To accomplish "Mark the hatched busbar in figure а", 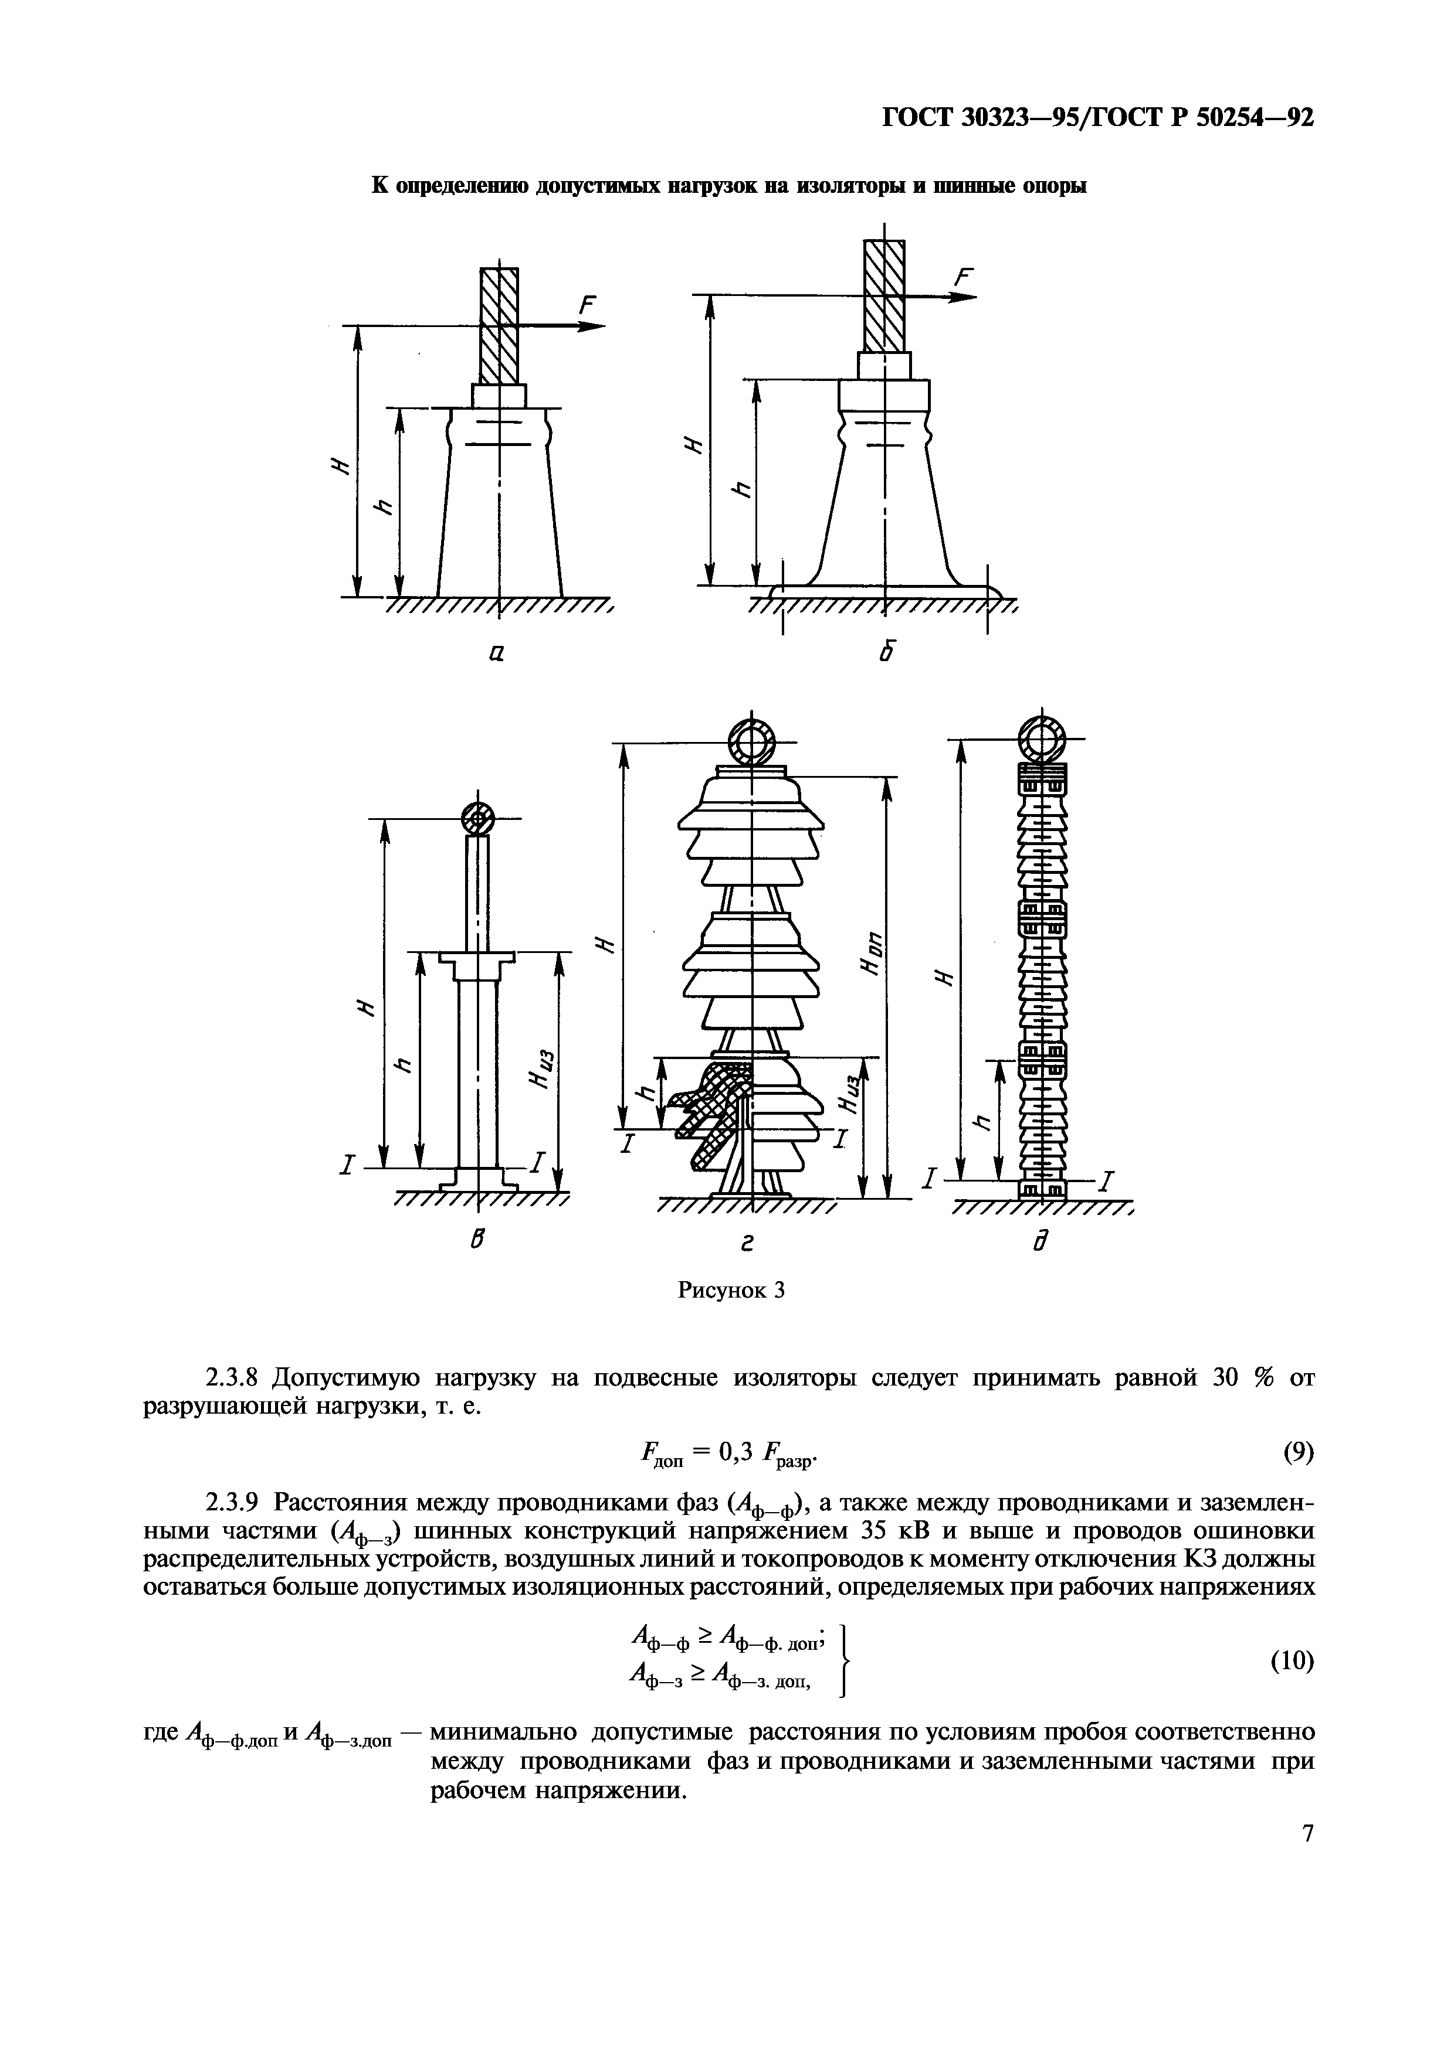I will coord(499,325).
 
